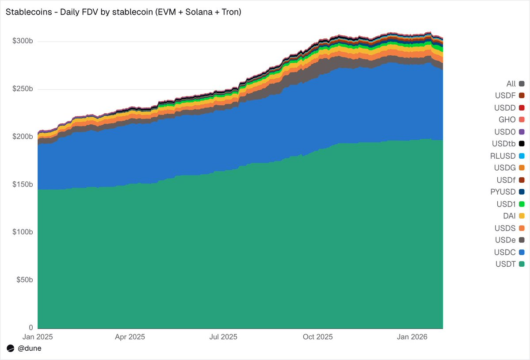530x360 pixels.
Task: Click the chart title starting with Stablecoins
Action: click(x=123, y=12)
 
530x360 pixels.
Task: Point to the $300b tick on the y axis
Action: click(x=23, y=42)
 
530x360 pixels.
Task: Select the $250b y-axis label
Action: click(x=23, y=89)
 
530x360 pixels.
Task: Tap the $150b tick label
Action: click(x=23, y=184)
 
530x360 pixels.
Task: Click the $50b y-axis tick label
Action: click(x=24, y=280)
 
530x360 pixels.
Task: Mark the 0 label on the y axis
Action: click(x=31, y=328)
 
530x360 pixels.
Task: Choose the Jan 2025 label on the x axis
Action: click(x=38, y=337)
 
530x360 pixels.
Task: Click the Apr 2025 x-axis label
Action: click(x=130, y=337)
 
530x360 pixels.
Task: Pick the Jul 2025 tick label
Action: click(x=223, y=337)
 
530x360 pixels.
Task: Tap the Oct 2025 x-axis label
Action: click(x=317, y=337)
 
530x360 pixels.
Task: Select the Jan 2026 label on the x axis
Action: click(x=412, y=337)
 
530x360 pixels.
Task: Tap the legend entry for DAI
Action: click(x=511, y=216)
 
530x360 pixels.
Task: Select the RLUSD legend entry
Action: click(x=507, y=156)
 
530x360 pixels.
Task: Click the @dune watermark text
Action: click(x=29, y=349)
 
